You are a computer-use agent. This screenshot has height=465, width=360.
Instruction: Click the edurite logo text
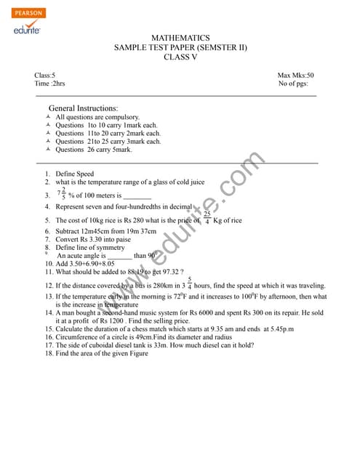point(27,29)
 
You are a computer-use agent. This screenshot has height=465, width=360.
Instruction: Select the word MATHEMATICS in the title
point(180,38)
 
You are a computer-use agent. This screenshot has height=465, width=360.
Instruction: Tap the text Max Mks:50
point(295,75)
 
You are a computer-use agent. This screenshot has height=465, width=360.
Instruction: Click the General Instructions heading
point(82,108)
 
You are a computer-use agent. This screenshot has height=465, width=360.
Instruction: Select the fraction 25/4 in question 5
point(207,217)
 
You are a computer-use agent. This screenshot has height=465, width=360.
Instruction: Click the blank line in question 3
point(137,195)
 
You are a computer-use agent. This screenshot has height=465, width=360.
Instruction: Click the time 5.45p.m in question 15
point(279,329)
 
